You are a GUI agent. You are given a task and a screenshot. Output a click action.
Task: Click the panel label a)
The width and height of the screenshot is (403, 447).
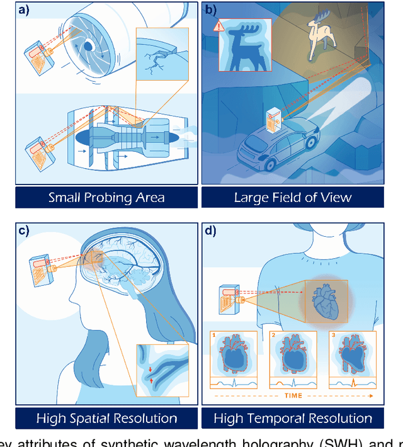tap(25, 11)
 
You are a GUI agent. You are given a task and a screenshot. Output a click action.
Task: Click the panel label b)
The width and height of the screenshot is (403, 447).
tap(210, 11)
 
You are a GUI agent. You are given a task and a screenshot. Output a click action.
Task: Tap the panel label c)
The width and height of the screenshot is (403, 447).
tap(25, 230)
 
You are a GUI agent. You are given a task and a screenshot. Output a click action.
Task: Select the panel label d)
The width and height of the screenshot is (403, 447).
tap(210, 230)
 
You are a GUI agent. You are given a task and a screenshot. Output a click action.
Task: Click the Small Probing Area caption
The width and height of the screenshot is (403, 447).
tap(106, 197)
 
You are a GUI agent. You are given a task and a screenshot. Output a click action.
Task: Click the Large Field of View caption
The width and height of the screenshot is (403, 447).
tap(293, 197)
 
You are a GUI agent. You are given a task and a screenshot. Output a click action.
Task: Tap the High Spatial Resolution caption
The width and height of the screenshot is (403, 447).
tap(106, 418)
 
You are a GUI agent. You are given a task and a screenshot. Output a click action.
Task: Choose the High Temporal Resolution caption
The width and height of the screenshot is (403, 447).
tap(293, 418)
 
